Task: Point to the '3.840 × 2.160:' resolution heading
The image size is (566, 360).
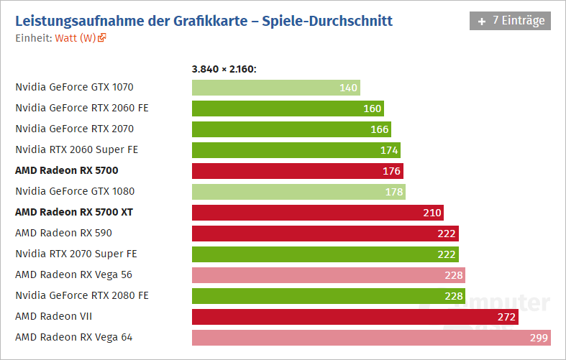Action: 224,69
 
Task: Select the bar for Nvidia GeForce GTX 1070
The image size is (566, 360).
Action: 275,88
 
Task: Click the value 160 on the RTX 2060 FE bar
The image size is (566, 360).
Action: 373,109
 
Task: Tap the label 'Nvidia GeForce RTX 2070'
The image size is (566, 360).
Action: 74,129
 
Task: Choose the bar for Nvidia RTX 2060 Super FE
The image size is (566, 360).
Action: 296,150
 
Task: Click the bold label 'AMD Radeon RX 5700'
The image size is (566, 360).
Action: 66,170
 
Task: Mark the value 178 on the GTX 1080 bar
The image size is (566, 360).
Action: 394,192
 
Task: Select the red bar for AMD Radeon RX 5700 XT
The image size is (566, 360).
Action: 317,213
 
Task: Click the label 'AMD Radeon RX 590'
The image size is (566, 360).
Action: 63,233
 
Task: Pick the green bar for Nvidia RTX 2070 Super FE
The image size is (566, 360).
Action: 325,254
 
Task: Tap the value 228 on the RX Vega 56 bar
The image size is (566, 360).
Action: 454,275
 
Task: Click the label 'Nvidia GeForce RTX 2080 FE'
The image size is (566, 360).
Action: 81,295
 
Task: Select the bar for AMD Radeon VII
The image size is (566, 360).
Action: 355,317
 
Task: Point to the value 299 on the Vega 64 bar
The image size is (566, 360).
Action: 539,338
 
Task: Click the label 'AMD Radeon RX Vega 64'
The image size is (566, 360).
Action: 73,337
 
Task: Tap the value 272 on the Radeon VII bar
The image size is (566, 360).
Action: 507,317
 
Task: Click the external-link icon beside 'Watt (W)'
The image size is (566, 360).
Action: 102,37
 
